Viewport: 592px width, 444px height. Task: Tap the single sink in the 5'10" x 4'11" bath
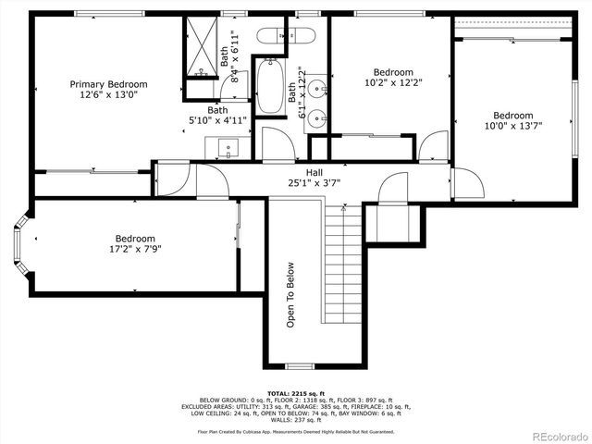point(228,146)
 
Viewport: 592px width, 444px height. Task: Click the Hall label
point(314,172)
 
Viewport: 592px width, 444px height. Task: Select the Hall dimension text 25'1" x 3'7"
point(314,182)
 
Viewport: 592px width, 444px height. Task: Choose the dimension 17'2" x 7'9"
point(135,249)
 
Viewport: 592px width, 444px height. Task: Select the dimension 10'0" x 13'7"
point(512,126)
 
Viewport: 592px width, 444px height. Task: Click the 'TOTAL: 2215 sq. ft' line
point(296,393)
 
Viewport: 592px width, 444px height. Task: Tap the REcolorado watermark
point(556,436)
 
